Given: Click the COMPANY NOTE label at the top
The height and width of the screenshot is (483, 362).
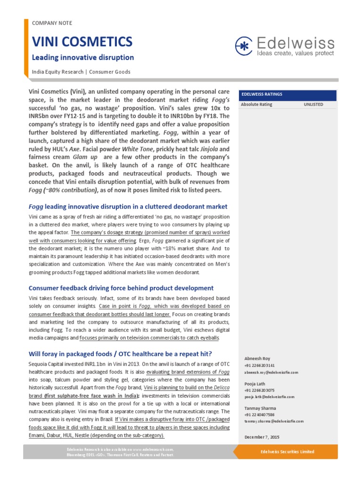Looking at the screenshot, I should [x=52, y=23].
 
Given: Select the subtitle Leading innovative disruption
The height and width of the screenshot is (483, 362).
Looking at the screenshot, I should [x=82, y=58].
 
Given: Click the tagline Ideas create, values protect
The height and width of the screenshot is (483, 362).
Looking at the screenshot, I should [x=295, y=54].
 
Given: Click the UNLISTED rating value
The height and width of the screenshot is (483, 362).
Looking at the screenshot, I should [x=313, y=104].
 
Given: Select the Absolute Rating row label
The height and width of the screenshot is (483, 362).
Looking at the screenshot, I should [x=256, y=104].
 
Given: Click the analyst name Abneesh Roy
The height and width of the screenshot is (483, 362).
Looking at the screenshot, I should [x=257, y=358].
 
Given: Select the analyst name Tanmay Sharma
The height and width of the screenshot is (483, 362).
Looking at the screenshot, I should [x=261, y=408].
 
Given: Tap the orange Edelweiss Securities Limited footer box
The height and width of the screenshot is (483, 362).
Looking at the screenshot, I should [x=287, y=452].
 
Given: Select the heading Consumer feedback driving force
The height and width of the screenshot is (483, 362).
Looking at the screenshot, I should [x=121, y=288].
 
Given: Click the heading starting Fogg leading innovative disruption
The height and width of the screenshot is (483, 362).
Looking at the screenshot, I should [x=128, y=207].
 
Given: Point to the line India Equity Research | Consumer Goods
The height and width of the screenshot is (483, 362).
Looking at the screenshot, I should [x=81, y=72].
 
